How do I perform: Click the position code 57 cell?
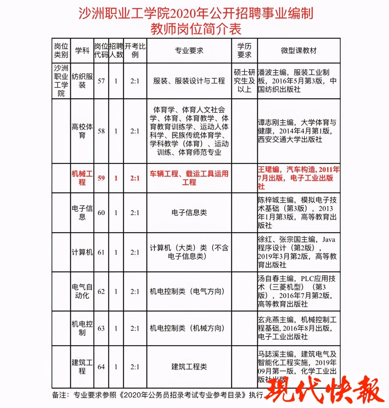[101, 81]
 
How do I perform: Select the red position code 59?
[101, 178]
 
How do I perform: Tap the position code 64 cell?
[101, 367]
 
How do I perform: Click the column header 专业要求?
[189, 51]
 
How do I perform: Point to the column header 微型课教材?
[299, 51]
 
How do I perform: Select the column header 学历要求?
[244, 51]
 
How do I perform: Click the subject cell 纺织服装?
[82, 81]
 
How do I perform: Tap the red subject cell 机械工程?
[82, 178]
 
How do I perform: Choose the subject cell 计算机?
[82, 252]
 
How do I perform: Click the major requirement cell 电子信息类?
[189, 213]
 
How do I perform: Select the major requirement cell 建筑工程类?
[189, 367]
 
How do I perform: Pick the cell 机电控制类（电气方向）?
[187, 291]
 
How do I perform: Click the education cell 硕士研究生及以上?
[244, 81]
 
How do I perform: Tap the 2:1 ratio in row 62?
[135, 292]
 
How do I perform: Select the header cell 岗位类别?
[61, 51]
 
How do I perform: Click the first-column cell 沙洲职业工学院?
[61, 81]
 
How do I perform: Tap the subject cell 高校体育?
[82, 131]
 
